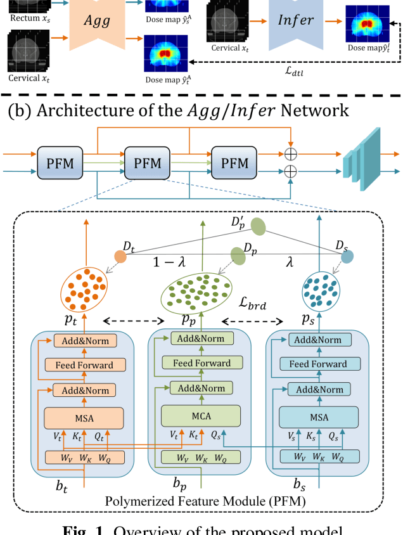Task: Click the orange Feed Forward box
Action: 84,365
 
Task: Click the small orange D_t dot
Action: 120,257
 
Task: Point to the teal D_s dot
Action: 347,257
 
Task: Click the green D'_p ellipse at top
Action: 258,226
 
